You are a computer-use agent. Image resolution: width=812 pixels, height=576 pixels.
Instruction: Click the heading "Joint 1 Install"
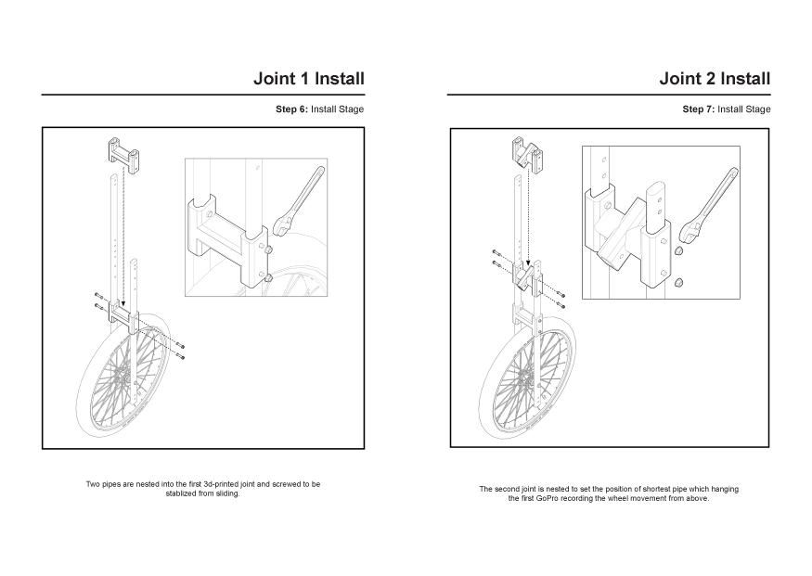coord(308,78)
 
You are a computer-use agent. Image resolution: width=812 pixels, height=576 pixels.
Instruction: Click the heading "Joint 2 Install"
coord(714,78)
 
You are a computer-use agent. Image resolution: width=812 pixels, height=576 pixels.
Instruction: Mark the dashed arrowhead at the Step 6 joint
coord(122,304)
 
